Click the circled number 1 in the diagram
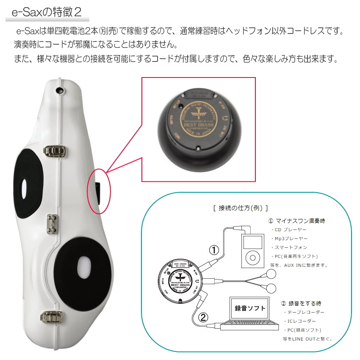click(214, 250)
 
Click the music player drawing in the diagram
click(252, 251)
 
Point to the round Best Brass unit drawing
click(179, 281)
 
